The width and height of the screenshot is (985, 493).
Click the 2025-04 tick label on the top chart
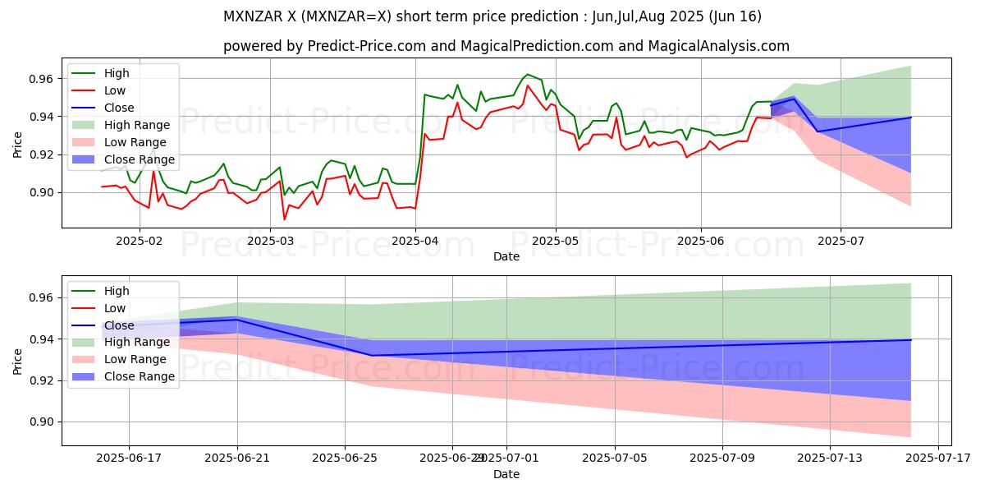pos(415,241)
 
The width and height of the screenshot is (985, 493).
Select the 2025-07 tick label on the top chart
pos(841,241)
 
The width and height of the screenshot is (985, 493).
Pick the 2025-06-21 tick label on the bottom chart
pos(237,458)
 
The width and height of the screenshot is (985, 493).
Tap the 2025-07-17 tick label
pos(937,458)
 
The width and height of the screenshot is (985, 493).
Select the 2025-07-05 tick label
pos(615,458)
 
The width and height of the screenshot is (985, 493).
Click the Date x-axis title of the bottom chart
pos(506,474)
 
